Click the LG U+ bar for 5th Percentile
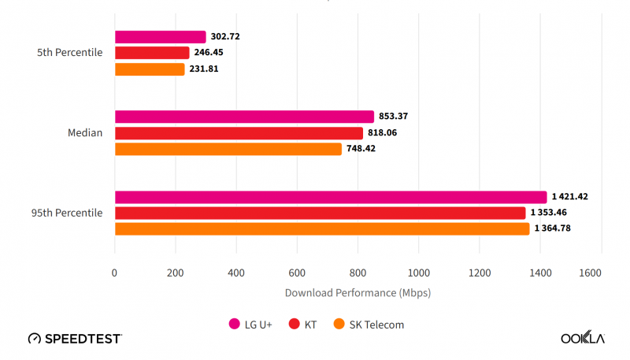pyautogui.click(x=161, y=37)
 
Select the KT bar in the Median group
pyautogui.click(x=239, y=133)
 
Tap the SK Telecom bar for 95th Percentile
pyautogui.click(x=322, y=229)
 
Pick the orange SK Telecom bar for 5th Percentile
pyautogui.click(x=150, y=69)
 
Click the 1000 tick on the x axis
pyautogui.click(x=418, y=273)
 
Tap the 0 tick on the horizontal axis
pyautogui.click(x=115, y=273)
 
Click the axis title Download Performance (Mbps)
pyautogui.click(x=358, y=293)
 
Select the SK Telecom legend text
pyautogui.click(x=376, y=324)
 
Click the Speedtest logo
pyautogui.click(x=75, y=339)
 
